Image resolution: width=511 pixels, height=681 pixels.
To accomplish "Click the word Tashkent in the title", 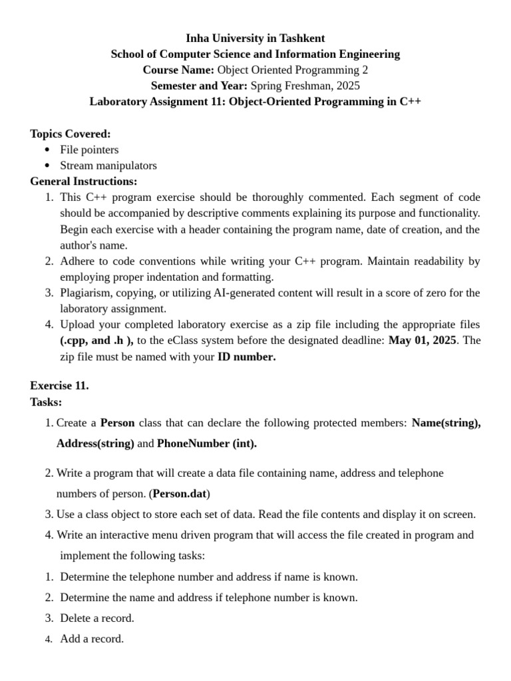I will tap(301, 38).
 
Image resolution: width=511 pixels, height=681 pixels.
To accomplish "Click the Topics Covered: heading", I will tap(71, 134).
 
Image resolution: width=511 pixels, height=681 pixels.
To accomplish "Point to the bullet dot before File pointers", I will tap(47, 150).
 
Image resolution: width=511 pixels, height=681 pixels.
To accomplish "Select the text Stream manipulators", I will tap(108, 166).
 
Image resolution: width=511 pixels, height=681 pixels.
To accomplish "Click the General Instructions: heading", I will tap(84, 181).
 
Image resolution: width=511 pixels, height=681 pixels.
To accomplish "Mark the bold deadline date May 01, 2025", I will tap(423, 340).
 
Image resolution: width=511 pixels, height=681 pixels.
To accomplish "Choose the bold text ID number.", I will tap(246, 356).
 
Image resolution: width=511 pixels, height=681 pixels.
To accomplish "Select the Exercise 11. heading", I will tap(59, 386).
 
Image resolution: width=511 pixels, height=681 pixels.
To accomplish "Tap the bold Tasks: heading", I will tap(46, 402).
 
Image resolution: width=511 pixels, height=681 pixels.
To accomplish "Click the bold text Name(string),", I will tap(446, 423).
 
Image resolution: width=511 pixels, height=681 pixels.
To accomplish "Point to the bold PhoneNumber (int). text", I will tap(207, 444).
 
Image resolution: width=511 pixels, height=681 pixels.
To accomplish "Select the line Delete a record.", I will tap(97, 618).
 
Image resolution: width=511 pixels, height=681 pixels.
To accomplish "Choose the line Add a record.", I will tap(92, 639).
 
